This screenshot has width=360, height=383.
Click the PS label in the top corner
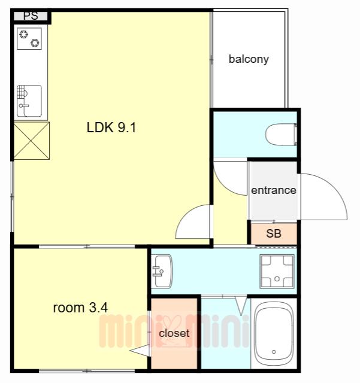click(31, 16)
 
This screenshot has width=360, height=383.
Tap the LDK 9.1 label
click(111, 127)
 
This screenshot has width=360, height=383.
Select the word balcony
click(249, 59)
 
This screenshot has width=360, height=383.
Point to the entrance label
click(274, 190)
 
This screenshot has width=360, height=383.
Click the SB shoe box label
click(274, 233)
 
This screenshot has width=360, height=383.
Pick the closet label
click(174, 333)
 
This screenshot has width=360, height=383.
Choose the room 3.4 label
click(80, 308)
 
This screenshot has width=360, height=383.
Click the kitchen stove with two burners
click(29, 38)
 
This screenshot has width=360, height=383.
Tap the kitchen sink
click(29, 101)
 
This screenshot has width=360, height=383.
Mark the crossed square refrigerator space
click(32, 141)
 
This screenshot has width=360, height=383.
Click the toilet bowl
click(282, 135)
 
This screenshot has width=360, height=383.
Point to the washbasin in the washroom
click(161, 271)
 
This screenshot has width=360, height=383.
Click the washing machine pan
click(277, 271)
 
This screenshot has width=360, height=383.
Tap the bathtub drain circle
click(274, 352)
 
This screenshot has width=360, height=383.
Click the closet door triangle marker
click(140, 351)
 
